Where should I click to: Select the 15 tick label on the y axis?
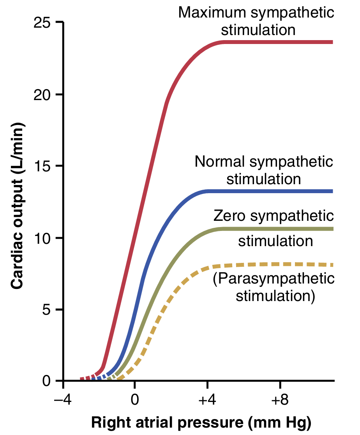(43, 166)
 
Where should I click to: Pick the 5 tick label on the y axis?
(47, 310)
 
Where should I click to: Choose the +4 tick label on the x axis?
(207, 400)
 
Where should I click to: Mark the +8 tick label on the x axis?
(279, 400)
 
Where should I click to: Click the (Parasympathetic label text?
(274, 280)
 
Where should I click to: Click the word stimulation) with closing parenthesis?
(275, 296)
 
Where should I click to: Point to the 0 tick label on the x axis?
(135, 400)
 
